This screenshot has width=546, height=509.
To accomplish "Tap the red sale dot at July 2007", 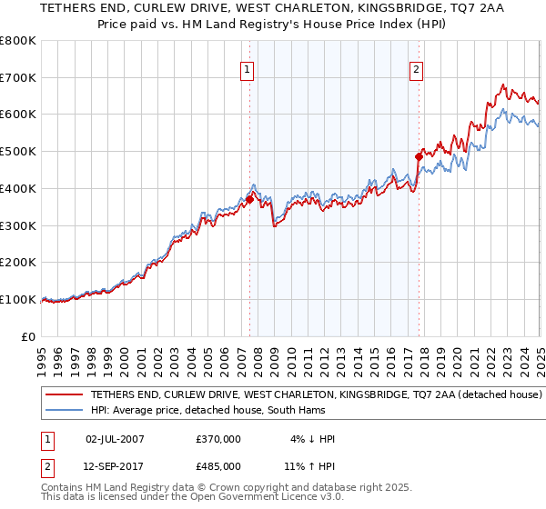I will click(249, 199).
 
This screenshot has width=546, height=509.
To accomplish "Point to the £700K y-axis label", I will click(18, 77).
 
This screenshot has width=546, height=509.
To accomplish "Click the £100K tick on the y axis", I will click(18, 299).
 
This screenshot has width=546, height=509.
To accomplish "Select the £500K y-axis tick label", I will click(18, 151).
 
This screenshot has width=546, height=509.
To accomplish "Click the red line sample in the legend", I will click(63, 395).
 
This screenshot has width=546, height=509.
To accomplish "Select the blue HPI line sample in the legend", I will click(63, 411).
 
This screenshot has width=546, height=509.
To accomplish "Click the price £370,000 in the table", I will click(218, 439).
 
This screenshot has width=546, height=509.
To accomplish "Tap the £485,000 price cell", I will click(218, 465).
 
